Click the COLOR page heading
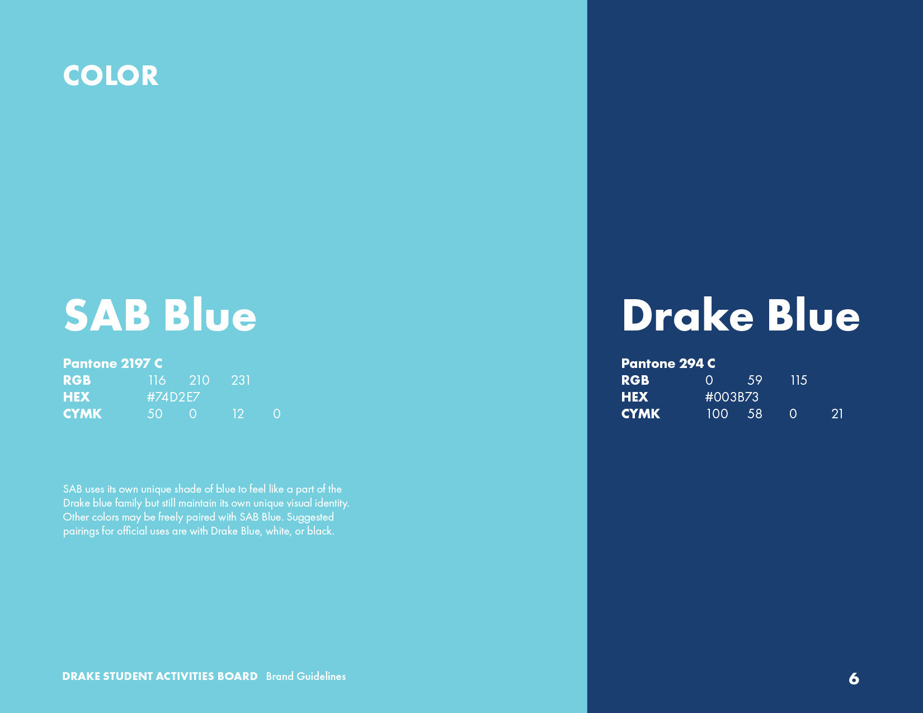coord(110,76)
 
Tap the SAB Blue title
coord(160,315)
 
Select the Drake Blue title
coord(740,315)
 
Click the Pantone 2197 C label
coord(112,363)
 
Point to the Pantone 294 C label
coord(668,363)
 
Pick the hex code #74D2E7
coord(173,397)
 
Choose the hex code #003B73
coord(732,397)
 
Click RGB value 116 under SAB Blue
coord(157,380)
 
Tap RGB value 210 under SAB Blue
coord(199,380)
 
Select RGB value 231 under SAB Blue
coord(241,380)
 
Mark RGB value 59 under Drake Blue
coord(755,380)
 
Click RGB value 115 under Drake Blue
coord(799,380)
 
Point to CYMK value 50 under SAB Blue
coord(154,414)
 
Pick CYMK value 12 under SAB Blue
coord(238,414)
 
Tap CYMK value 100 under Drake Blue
coord(717,414)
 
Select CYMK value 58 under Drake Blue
coord(755,414)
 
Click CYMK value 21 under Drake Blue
coord(837,414)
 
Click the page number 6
coord(854,678)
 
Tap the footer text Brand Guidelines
coord(306,677)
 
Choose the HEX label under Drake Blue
coord(634,397)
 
